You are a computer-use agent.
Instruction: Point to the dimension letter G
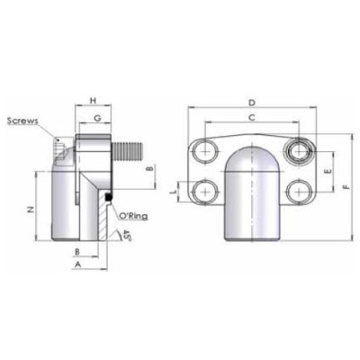(x=96, y=117)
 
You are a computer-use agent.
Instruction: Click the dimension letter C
(x=251, y=117)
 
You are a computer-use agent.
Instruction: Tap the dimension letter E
(x=328, y=168)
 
